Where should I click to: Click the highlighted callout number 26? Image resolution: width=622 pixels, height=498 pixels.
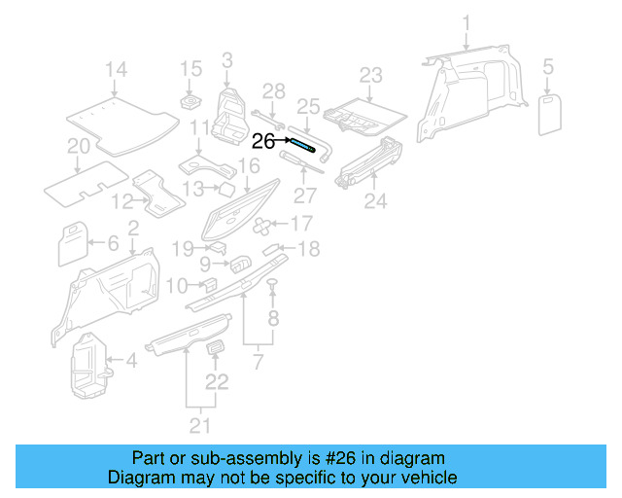263,141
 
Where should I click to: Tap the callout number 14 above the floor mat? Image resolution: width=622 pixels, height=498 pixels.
116,69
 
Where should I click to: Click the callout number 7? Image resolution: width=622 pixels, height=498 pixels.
259,363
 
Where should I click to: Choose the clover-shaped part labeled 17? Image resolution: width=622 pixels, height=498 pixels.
263,226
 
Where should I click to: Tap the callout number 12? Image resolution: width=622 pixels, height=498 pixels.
121,201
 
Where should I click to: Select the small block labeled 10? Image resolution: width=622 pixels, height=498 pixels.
207,283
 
